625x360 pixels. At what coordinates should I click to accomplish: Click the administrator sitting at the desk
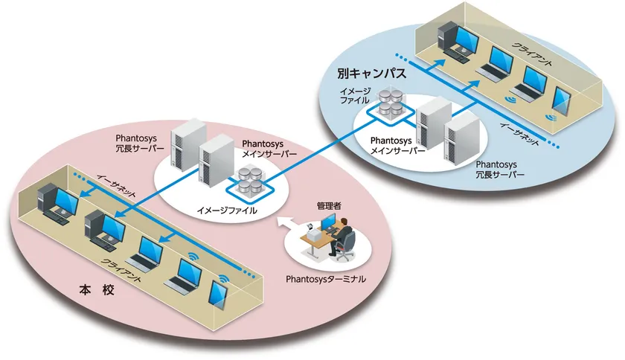pyautogui.click(x=344, y=238)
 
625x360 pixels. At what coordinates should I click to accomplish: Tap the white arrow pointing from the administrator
pyautogui.click(x=283, y=223)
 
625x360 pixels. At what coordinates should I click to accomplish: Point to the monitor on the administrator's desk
pyautogui.click(x=328, y=223)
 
